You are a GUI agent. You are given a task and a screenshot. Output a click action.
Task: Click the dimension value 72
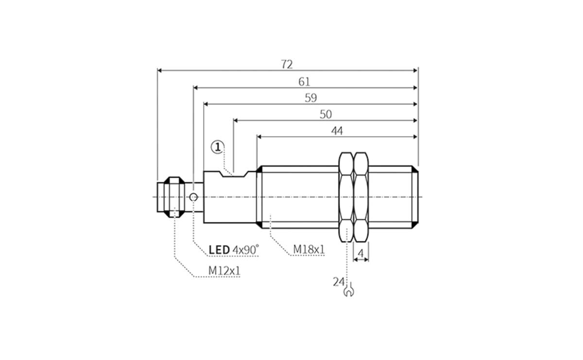(287, 64)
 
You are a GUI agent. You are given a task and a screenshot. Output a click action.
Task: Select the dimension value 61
(304, 82)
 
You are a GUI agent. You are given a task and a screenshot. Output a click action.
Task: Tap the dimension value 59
(310, 98)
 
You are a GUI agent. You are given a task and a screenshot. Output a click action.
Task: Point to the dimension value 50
(326, 114)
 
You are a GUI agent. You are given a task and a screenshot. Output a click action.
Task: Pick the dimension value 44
(337, 131)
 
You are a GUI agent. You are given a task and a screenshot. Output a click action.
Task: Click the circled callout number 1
(217, 146)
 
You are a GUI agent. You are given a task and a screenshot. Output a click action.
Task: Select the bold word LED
(219, 250)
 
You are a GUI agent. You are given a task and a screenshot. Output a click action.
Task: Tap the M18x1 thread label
(309, 250)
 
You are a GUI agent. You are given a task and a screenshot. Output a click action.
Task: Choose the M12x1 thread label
(224, 271)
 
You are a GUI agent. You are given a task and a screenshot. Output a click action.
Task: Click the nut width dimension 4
(360, 253)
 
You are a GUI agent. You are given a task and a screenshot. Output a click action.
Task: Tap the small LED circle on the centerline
(193, 197)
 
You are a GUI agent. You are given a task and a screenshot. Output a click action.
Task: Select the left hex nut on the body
(345, 197)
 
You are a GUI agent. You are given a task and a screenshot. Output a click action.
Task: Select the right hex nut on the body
(361, 197)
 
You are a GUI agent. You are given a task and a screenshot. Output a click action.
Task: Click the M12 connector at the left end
(169, 197)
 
